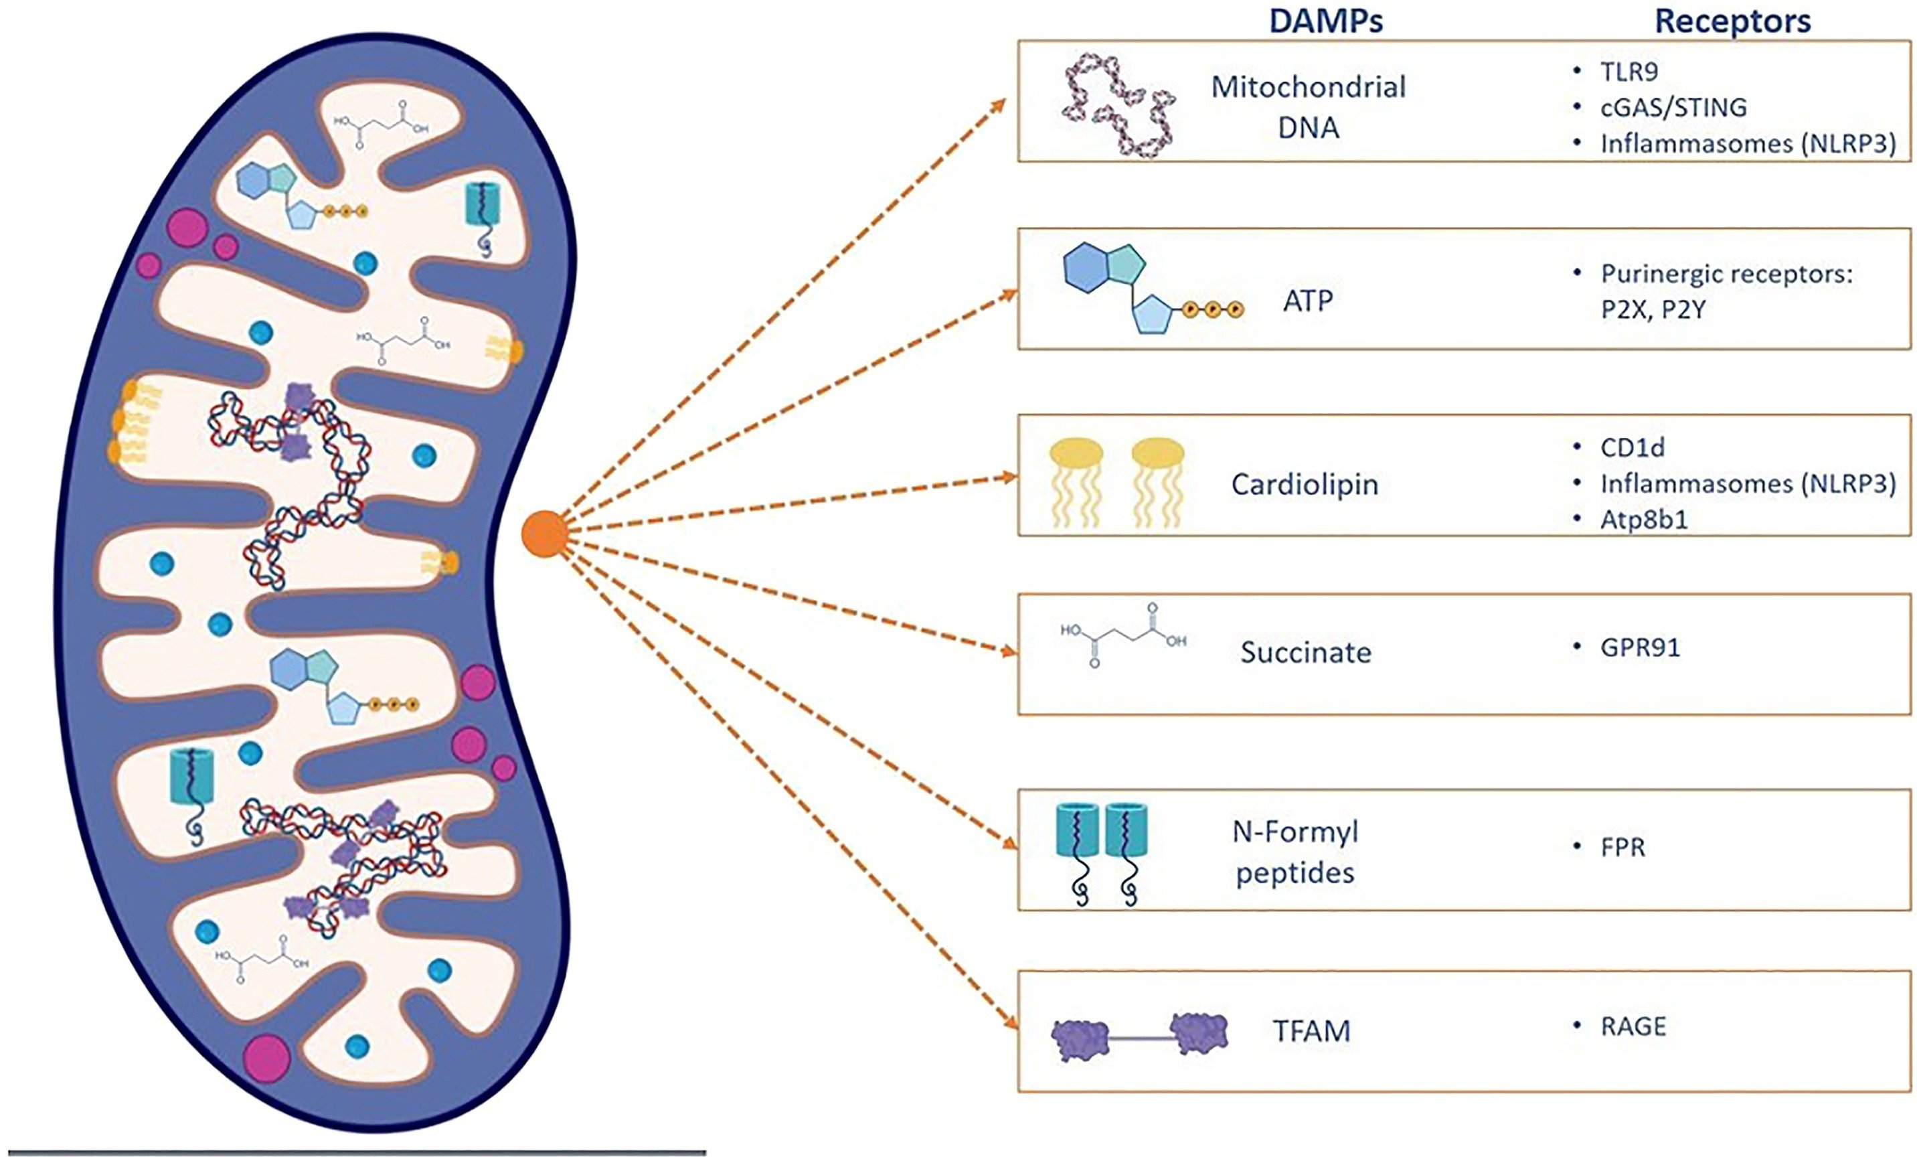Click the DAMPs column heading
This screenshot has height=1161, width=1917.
[1326, 21]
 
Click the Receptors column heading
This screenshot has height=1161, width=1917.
[1733, 21]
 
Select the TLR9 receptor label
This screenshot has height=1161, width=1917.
[1629, 72]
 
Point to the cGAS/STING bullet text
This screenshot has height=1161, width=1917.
[1673, 107]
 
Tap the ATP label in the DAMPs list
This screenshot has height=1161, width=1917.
[1308, 301]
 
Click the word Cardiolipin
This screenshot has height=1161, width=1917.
[1305, 484]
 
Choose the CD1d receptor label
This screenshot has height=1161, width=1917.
[1633, 447]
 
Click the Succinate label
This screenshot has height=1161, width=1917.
[1305, 652]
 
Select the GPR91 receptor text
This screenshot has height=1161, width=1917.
[1640, 647]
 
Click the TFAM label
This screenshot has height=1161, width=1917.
[1312, 1031]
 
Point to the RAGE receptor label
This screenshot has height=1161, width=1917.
[1633, 1027]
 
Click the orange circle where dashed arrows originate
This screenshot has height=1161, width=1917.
[545, 534]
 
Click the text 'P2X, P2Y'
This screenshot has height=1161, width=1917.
[1653, 311]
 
